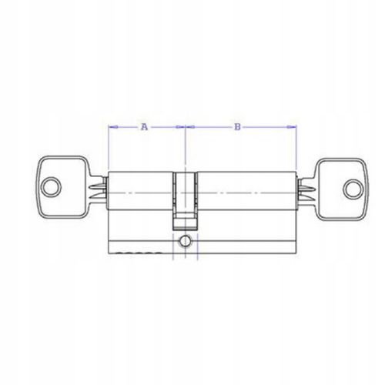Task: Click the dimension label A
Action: point(145,126)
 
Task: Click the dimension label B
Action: point(238,127)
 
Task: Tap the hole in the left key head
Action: point(52,187)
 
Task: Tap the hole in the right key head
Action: point(353,189)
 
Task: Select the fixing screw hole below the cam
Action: point(185,241)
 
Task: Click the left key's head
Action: point(62,187)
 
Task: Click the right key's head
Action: point(342,189)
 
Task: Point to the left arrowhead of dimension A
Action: point(113,127)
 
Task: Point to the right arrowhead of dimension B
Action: point(292,127)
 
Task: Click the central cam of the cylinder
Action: point(185,200)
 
